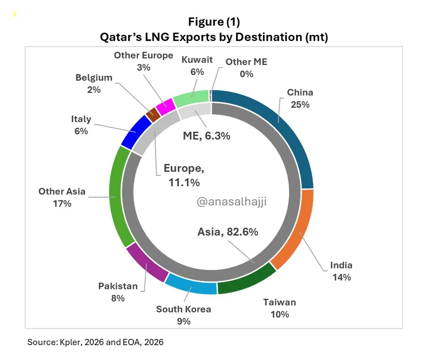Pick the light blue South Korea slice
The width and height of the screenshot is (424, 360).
pyautogui.click(x=192, y=284)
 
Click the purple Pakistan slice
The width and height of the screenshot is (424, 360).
pyautogui.click(x=146, y=264)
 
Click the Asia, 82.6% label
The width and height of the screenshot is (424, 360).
pyautogui.click(x=228, y=232)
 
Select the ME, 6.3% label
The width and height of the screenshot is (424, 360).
pyautogui.click(x=206, y=136)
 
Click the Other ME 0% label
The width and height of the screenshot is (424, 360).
pyautogui.click(x=246, y=68)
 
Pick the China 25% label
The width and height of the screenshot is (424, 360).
pyautogui.click(x=300, y=98)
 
